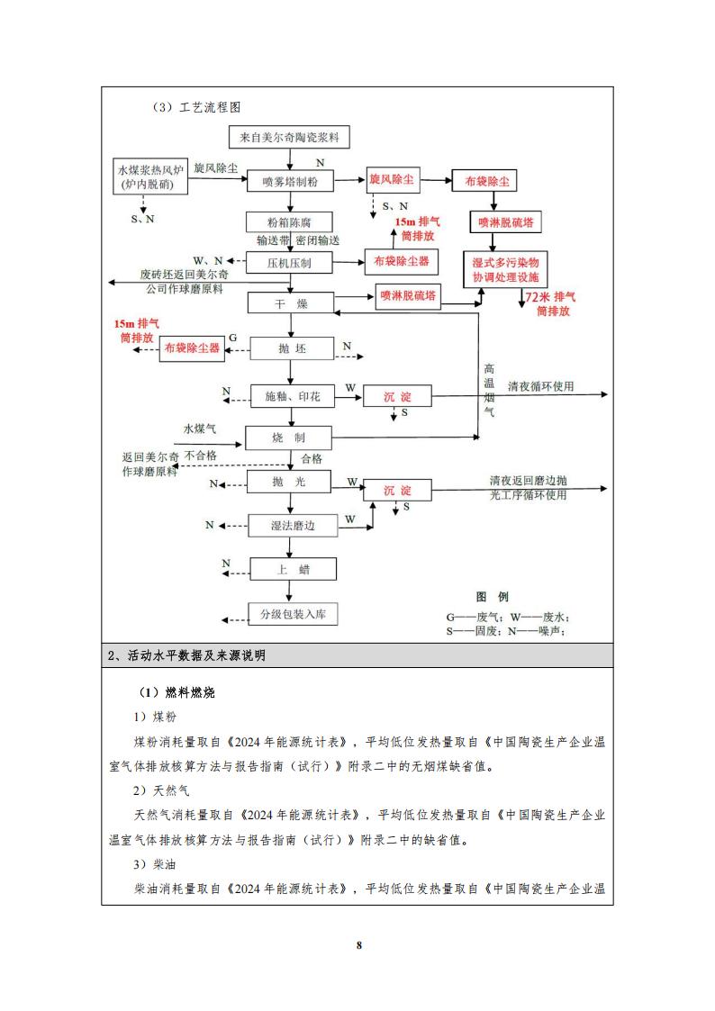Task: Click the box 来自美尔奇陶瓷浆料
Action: [x=289, y=138]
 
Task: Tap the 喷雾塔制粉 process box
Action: [x=290, y=182]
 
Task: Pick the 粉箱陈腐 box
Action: [x=289, y=221]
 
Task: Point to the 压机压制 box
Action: [x=290, y=263]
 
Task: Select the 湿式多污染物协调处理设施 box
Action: [x=504, y=268]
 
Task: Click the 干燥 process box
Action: [x=290, y=304]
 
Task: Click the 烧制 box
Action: [x=290, y=438]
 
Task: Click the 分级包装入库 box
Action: [x=294, y=615]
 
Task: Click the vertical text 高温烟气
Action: [x=490, y=390]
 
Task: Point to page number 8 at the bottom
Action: [x=358, y=944]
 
